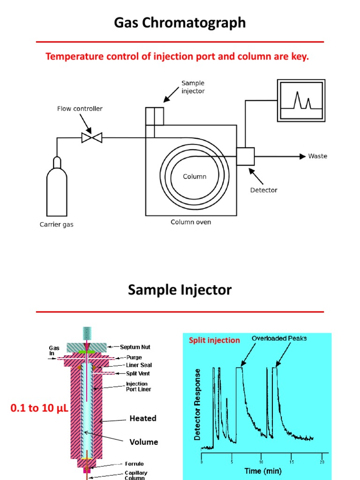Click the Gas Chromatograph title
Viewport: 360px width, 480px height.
[180, 23]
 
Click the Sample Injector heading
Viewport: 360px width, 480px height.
[180, 290]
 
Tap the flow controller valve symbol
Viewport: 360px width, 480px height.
[92, 137]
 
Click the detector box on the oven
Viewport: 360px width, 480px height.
[245, 156]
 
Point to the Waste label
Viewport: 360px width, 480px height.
[317, 156]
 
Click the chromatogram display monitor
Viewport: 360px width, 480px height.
[300, 101]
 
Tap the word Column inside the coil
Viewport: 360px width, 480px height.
[195, 177]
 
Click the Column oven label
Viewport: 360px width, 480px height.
[190, 222]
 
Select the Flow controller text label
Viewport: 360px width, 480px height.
[80, 109]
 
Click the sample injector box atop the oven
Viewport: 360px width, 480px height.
[154, 116]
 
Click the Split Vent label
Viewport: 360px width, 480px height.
[138, 374]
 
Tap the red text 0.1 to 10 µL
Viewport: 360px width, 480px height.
[39, 409]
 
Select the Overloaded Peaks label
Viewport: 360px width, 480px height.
[279, 338]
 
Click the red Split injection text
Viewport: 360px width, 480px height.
[214, 340]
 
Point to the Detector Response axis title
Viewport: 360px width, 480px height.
[197, 404]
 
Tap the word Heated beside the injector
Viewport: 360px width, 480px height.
[143, 418]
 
